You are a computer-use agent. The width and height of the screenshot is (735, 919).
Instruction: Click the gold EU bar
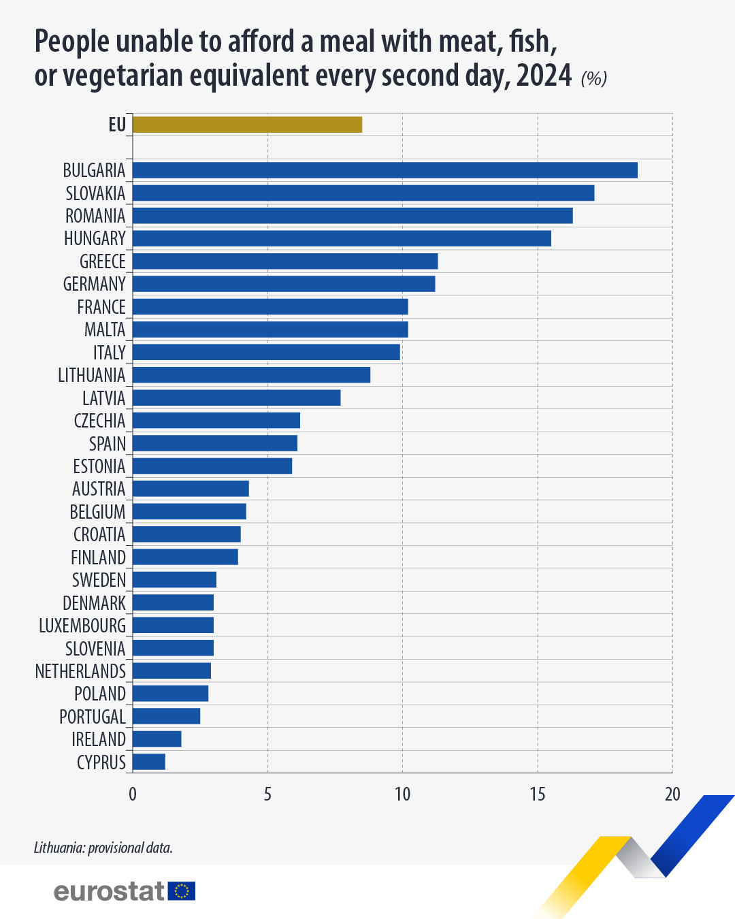click(247, 125)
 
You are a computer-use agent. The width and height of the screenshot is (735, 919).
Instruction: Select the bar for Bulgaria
click(385, 170)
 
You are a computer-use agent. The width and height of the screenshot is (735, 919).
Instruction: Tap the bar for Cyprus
click(149, 762)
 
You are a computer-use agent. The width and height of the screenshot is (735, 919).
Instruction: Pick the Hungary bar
click(342, 238)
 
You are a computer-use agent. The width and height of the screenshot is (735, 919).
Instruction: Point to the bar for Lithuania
click(251, 375)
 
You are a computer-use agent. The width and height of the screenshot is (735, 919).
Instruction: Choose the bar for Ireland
click(157, 739)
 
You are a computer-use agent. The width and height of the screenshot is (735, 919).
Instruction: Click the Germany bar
click(284, 284)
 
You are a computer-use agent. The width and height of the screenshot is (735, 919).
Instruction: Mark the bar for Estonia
click(212, 466)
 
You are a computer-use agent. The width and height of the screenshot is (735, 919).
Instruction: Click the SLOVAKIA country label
click(95, 193)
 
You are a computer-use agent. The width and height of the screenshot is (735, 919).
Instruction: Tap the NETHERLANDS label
click(80, 671)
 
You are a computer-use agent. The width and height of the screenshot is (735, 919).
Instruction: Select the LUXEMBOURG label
click(82, 626)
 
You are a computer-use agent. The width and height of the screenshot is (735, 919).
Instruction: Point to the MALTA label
click(105, 329)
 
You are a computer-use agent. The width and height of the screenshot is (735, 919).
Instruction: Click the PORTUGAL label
click(93, 717)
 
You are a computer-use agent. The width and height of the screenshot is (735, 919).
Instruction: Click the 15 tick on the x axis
click(538, 794)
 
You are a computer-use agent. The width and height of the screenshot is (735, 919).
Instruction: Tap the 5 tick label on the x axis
click(267, 794)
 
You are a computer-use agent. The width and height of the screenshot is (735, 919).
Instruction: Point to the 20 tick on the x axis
click(672, 794)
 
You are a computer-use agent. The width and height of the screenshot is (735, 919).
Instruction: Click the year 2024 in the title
click(544, 76)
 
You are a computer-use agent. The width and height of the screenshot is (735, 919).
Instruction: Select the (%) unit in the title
click(593, 78)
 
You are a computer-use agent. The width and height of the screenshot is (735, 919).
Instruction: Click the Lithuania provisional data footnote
click(103, 848)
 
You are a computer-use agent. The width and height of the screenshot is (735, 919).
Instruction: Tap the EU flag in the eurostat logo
click(182, 891)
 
